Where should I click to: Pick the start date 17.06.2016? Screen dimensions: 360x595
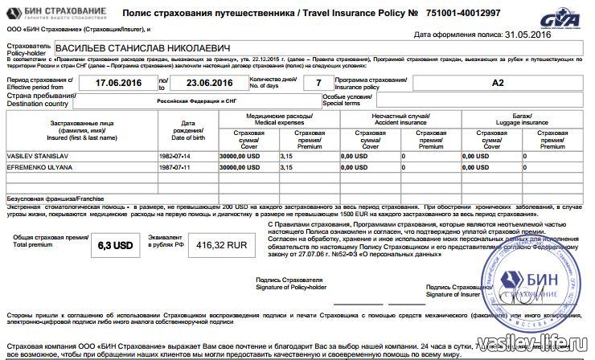118,82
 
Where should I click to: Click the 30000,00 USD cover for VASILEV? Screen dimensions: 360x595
240,155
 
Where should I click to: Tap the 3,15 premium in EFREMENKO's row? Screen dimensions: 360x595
287,167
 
